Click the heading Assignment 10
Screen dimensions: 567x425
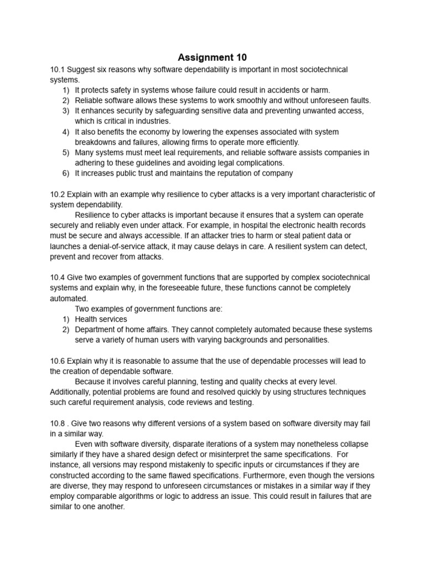(x=212, y=57)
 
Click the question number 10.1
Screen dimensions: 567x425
(x=58, y=69)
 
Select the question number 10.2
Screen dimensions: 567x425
(x=58, y=194)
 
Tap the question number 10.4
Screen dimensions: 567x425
(x=58, y=277)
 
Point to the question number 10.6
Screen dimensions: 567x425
(x=58, y=360)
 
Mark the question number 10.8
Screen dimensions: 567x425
(x=58, y=424)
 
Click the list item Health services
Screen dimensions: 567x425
(x=101, y=319)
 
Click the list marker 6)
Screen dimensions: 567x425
(x=66, y=173)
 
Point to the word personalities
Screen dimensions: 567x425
(x=303, y=339)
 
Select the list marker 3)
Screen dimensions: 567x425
(x=66, y=111)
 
